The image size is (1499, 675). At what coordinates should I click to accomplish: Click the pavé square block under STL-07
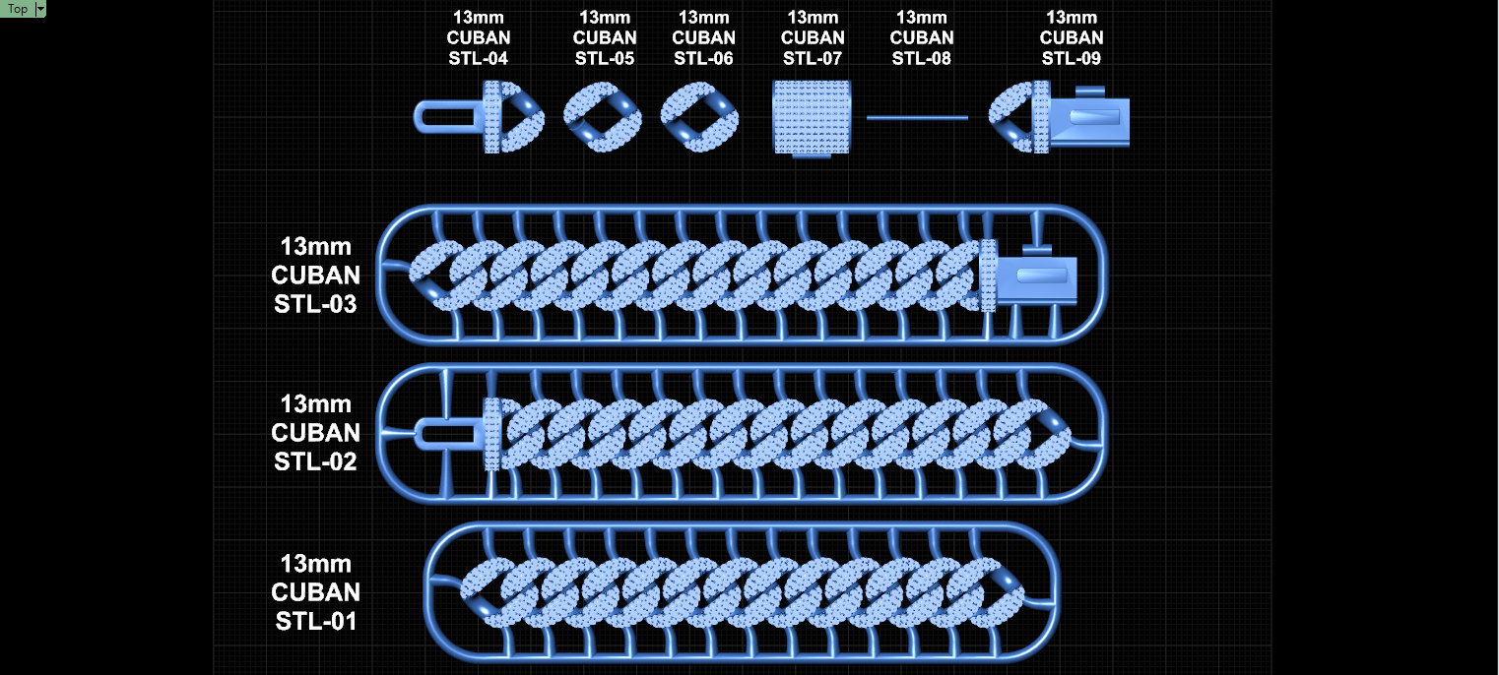(812, 118)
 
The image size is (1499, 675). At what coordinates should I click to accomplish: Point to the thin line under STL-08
(917, 118)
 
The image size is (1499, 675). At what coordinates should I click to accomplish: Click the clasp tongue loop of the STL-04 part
(419, 118)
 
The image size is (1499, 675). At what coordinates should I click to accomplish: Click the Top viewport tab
(18, 9)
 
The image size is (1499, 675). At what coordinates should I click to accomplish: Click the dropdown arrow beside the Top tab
(40, 9)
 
